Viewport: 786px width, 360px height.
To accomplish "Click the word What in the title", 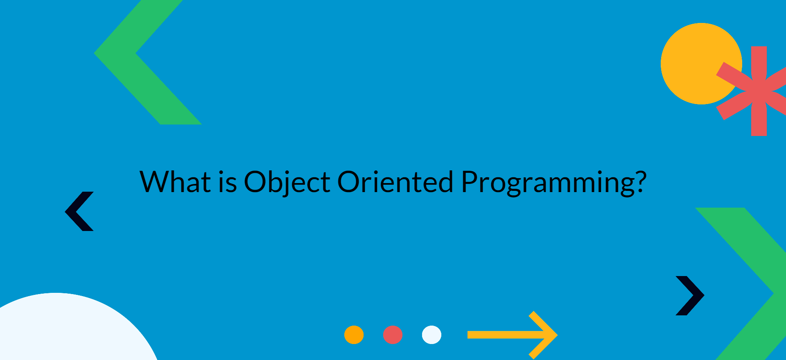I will pos(175,182).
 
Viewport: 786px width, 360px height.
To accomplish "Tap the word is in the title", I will pos(228,182).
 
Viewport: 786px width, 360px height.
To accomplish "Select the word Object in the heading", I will pos(287,182).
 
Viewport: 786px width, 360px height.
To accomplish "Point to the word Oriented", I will pos(395,182).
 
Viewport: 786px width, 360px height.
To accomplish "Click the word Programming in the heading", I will pos(548,183).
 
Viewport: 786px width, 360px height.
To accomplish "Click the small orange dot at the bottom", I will pos(354,335).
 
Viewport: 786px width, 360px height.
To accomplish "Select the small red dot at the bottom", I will pos(393,335).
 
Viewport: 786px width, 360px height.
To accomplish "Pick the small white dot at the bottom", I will pos(431,335).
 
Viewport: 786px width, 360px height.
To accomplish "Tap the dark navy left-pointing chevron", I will pos(78,211).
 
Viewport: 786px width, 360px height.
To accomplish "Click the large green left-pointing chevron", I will pos(123,53).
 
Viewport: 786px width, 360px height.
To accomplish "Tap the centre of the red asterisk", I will pos(759,91).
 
